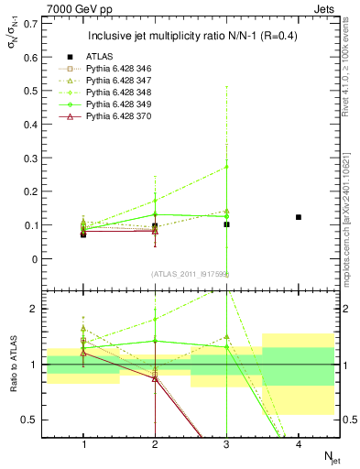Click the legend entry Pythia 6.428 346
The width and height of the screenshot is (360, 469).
click(x=129, y=70)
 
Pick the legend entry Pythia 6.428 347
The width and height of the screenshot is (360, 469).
click(x=129, y=82)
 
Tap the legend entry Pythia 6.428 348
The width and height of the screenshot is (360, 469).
click(x=129, y=93)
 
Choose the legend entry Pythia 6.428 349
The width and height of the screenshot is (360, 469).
click(x=129, y=105)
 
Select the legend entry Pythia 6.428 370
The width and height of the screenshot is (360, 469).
click(x=129, y=117)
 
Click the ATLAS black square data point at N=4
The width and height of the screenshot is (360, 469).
click(x=299, y=217)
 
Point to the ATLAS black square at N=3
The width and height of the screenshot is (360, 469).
click(x=227, y=224)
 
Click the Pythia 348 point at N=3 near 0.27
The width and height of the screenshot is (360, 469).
click(x=227, y=167)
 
